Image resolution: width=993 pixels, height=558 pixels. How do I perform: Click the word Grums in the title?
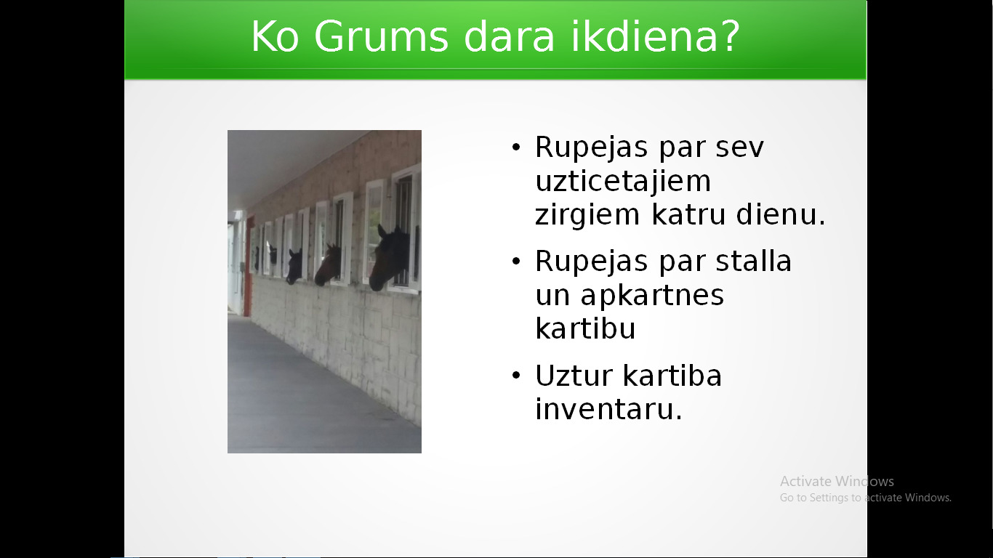click(x=381, y=36)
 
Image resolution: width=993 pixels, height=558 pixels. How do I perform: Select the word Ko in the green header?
click(x=275, y=36)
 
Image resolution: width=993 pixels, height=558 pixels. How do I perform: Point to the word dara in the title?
click(x=510, y=36)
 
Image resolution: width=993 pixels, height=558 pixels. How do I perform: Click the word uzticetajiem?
click(x=623, y=181)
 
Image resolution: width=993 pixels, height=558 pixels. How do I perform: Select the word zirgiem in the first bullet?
click(x=587, y=215)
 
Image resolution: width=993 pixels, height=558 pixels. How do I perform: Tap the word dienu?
click(x=781, y=214)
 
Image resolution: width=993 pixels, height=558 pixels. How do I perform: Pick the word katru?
click(x=688, y=214)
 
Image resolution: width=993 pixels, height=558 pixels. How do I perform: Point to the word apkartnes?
click(x=652, y=296)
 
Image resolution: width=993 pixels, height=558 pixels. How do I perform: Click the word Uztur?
click(x=574, y=376)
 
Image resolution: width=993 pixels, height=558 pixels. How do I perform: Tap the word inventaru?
click(x=608, y=409)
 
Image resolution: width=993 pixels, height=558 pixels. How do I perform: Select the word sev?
click(x=740, y=147)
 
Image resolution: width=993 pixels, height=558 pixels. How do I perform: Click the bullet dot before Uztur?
click(x=515, y=376)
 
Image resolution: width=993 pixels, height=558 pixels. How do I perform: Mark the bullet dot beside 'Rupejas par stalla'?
click(x=515, y=262)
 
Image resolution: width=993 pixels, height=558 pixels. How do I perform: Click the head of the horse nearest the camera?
click(x=388, y=257)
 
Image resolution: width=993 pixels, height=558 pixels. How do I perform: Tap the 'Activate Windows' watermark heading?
click(x=837, y=481)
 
